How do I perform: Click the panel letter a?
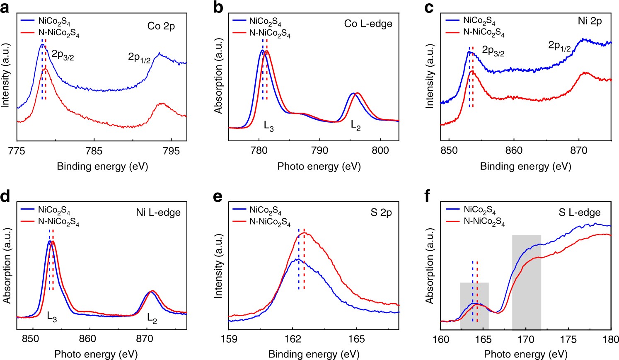click(5, 8)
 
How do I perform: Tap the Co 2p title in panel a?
click(161, 26)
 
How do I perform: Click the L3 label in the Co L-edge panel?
click(269, 126)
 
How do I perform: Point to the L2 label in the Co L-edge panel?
click(355, 126)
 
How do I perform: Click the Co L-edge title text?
click(368, 24)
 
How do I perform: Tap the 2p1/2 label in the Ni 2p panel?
click(559, 46)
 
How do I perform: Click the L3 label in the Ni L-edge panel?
click(52, 318)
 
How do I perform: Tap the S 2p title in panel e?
click(381, 213)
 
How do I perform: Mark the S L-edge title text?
click(579, 213)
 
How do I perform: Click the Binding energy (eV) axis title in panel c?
click(525, 167)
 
